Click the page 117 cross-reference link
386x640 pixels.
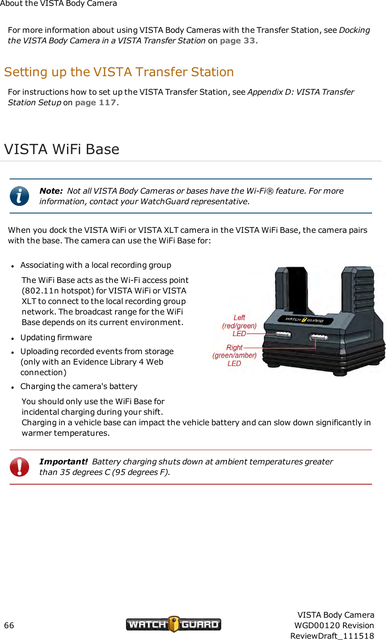point(95,103)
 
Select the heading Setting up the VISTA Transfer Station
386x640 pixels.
point(119,72)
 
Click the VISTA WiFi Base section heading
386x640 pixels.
point(62,149)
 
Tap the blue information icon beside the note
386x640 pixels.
point(19,196)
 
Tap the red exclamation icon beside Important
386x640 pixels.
point(19,467)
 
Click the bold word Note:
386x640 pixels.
point(51,191)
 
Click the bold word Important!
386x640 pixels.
point(64,462)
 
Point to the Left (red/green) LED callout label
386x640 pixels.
point(239,325)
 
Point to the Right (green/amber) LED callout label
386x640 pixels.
point(235,355)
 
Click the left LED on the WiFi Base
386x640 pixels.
point(283,335)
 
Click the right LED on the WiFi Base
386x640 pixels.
point(319,337)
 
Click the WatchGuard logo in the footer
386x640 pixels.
point(173,624)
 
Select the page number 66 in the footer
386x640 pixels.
point(9,626)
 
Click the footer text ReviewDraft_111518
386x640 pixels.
point(332,636)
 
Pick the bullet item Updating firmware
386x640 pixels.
point(56,338)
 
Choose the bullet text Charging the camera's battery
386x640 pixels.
point(79,387)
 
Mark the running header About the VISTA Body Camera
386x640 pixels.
point(59,4)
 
